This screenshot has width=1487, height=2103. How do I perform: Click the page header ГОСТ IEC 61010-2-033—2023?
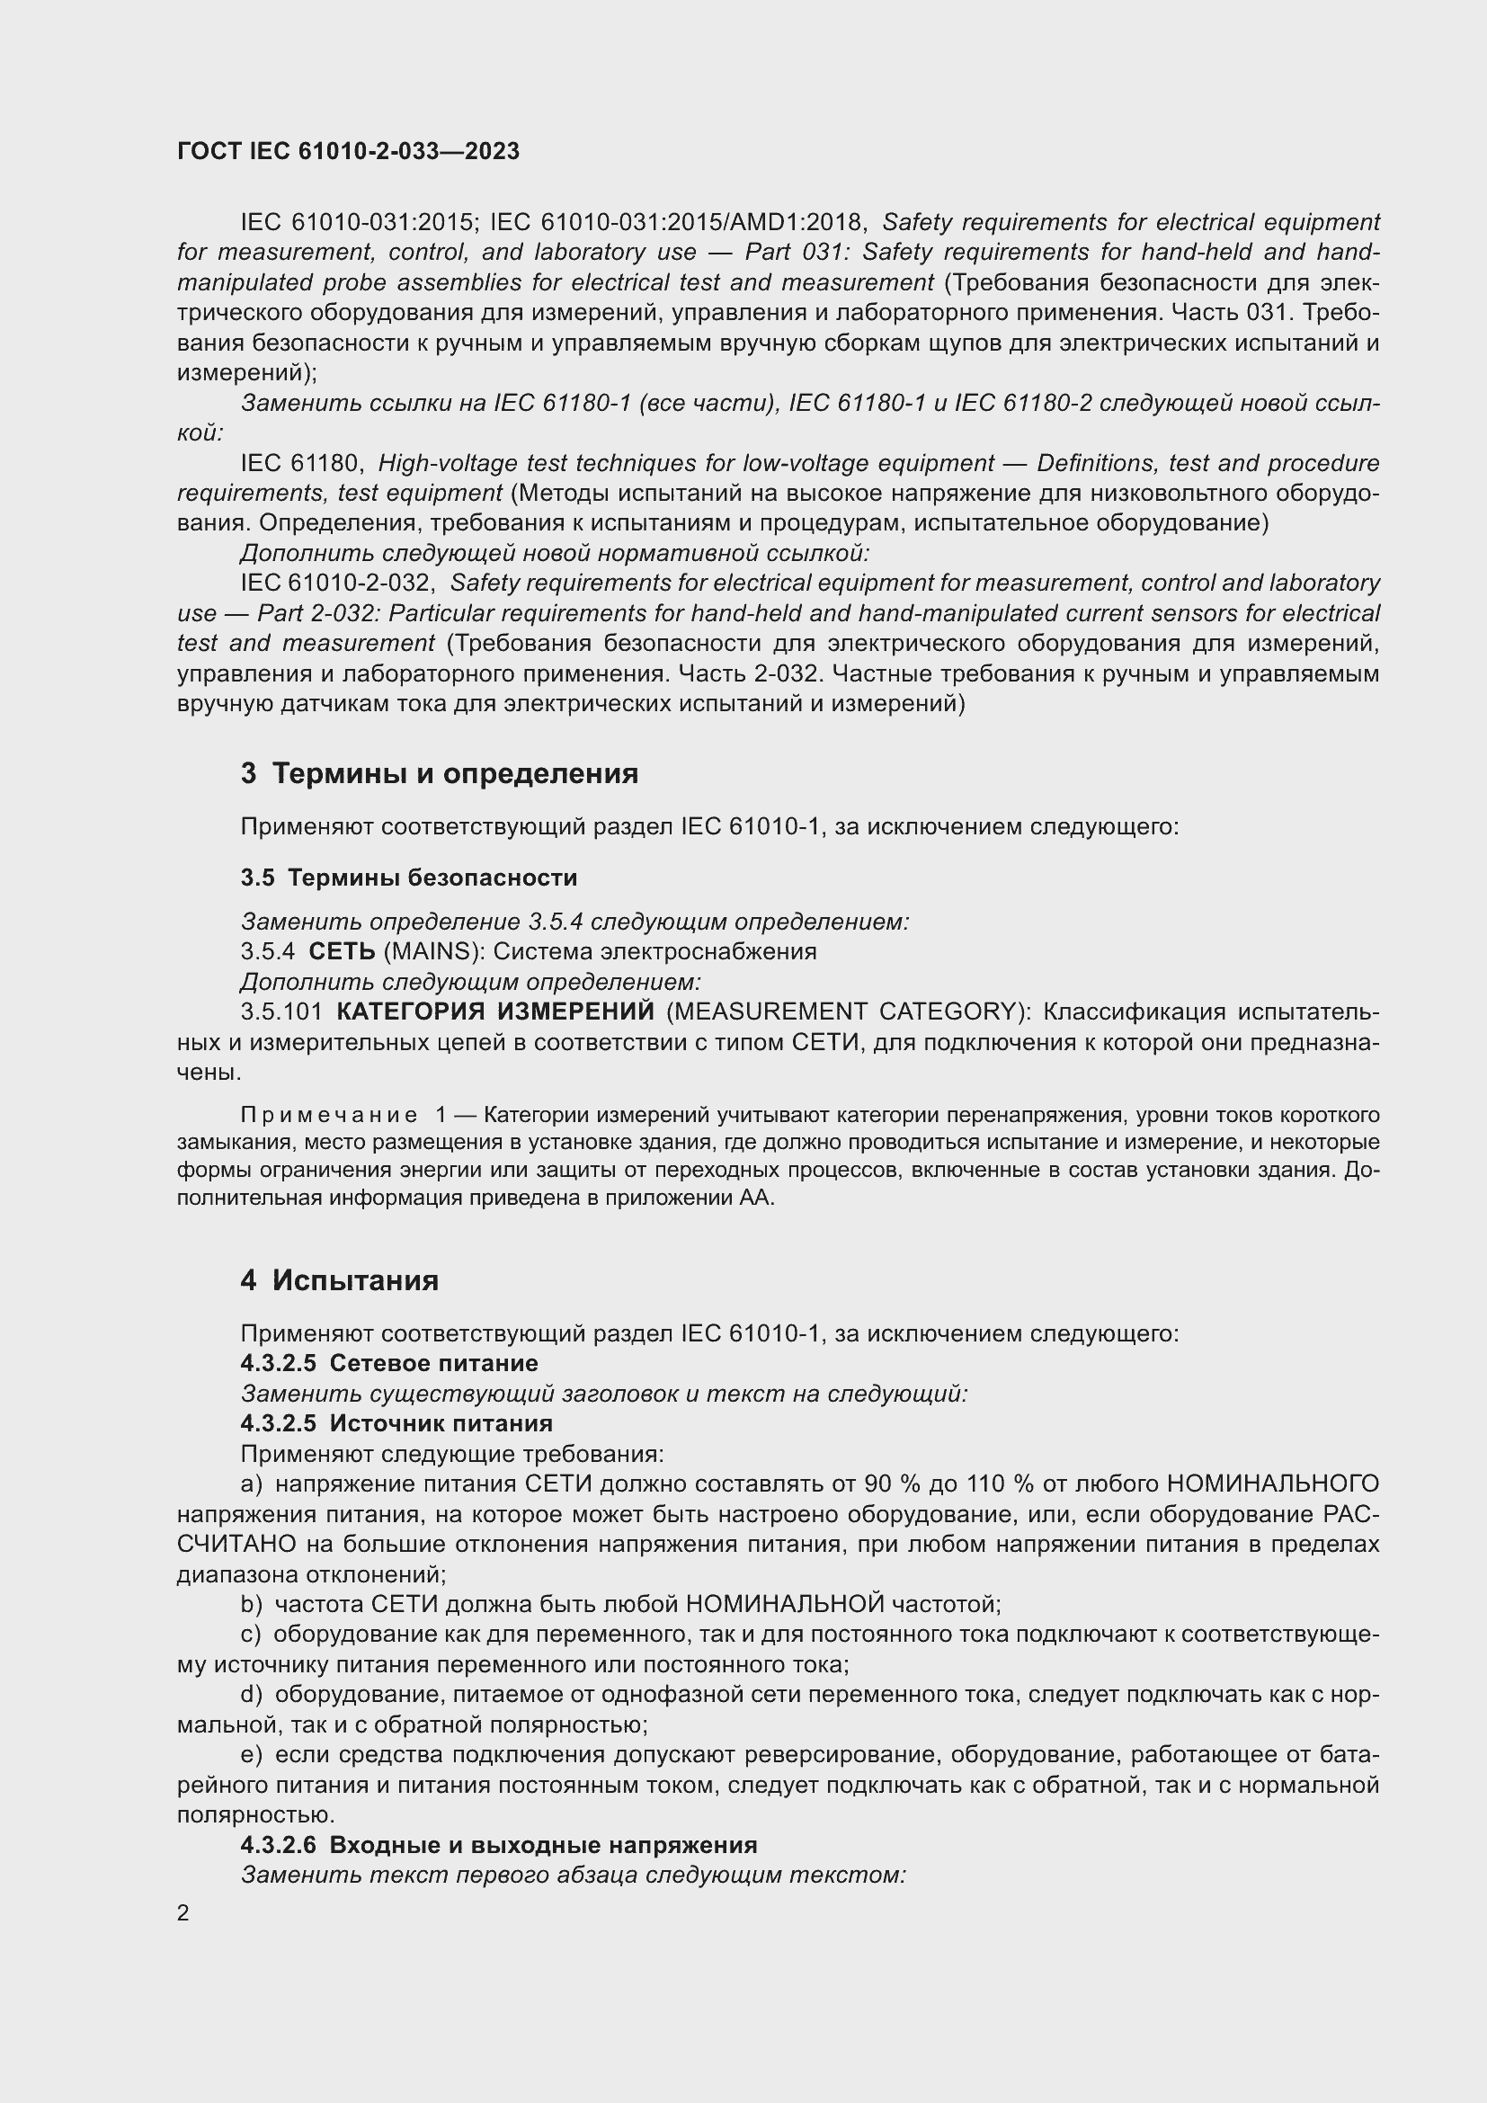348,151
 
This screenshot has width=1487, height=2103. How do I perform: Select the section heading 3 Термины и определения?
440,773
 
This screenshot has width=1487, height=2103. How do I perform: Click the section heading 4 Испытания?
340,1279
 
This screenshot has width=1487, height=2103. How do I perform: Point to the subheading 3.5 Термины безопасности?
408,878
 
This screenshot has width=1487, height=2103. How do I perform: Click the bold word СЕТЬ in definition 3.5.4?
342,951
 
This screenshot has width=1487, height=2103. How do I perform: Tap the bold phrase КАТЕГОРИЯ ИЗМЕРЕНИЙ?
495,1011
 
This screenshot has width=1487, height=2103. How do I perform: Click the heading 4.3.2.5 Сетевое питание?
389,1363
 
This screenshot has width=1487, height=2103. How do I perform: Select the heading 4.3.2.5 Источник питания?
396,1423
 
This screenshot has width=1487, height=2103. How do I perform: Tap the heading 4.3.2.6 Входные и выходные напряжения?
499,1845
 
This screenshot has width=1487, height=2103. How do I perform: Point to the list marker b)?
251,1605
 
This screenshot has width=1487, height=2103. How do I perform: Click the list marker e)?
251,1755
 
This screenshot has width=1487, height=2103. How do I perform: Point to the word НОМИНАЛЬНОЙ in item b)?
785,1605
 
